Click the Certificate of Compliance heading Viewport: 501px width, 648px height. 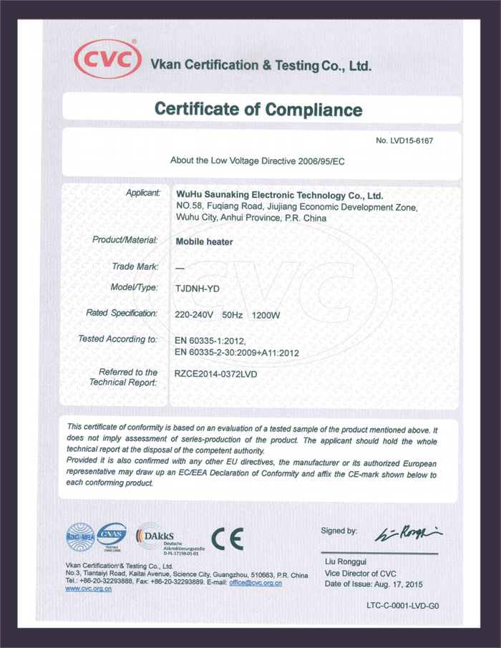point(258,110)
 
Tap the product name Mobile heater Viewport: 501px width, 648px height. point(204,241)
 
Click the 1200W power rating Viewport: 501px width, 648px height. point(266,314)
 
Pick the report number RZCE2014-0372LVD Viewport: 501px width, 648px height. point(215,374)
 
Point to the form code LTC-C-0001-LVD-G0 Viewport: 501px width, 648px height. point(402,606)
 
